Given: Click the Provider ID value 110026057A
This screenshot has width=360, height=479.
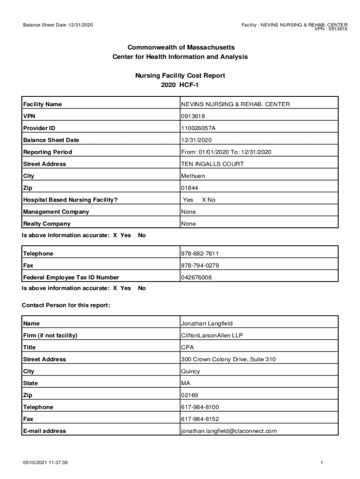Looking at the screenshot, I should pos(199,128).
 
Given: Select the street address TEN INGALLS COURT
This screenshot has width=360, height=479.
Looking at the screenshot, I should pos(212,164).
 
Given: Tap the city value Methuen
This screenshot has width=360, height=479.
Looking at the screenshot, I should pos(193,176).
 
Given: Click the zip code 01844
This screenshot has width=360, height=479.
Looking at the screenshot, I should pos(189,188).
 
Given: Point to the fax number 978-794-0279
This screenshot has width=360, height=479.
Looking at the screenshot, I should pos(200,266).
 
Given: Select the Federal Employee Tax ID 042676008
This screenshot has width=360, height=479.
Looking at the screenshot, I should pos(196,277).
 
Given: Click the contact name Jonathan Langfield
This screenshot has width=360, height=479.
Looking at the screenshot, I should pos(207,324).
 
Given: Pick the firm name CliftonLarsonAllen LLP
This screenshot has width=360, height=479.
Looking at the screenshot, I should pos(212,335).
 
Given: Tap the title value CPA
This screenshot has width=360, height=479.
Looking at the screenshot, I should pos(187,348).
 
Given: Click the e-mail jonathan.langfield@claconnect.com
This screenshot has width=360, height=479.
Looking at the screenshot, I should pos(229,431).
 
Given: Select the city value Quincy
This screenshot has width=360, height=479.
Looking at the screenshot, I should pos(190,371).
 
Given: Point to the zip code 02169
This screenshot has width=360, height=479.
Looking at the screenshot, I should pos(189,395).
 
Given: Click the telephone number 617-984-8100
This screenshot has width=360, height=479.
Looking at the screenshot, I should pos(200,407).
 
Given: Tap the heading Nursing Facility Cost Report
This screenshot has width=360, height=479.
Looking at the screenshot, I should pos(180,75).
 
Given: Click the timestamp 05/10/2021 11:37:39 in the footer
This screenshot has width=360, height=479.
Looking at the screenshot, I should pos(46,463).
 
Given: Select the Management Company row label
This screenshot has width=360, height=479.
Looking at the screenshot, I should pos(56,212).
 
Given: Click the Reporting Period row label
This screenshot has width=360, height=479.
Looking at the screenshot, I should pos(48,152).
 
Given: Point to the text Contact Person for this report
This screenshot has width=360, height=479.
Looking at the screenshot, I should pos(66,305).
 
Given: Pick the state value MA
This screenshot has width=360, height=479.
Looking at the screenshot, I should pos(186,383).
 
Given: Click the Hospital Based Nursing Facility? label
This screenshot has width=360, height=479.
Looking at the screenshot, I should pos(70,200).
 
